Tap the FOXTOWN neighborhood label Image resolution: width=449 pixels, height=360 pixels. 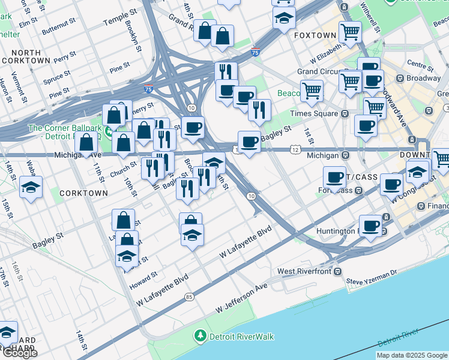(x=315, y=35)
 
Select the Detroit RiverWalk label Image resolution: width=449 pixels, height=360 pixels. (x=241, y=336)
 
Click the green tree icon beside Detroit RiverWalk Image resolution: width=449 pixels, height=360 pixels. (x=200, y=336)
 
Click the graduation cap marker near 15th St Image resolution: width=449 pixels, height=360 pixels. (x=31, y=187)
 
